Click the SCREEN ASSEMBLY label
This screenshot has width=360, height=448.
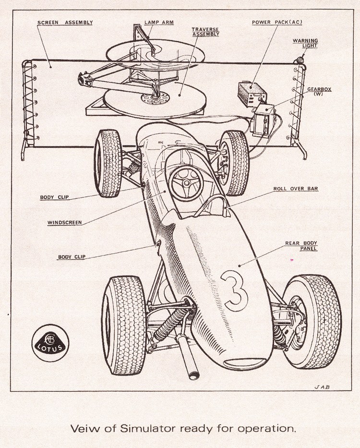(x=65, y=23)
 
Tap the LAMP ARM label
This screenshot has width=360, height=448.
(x=159, y=22)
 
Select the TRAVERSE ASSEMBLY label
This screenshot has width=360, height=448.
(x=205, y=32)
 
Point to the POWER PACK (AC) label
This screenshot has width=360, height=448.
(x=277, y=22)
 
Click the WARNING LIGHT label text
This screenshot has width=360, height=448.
(x=305, y=43)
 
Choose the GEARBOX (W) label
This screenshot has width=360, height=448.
(x=319, y=91)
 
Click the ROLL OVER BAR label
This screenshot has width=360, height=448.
(x=296, y=189)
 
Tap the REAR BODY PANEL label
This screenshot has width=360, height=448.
(x=301, y=246)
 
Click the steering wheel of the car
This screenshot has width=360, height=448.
(x=186, y=183)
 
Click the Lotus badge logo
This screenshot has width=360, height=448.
(x=50, y=343)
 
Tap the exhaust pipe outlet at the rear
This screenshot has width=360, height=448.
(x=194, y=375)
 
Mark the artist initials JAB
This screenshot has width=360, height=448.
(x=322, y=387)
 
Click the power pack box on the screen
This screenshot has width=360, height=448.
(x=252, y=94)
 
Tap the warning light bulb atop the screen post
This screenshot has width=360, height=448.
(x=300, y=61)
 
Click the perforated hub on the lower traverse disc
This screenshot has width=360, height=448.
(x=155, y=98)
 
